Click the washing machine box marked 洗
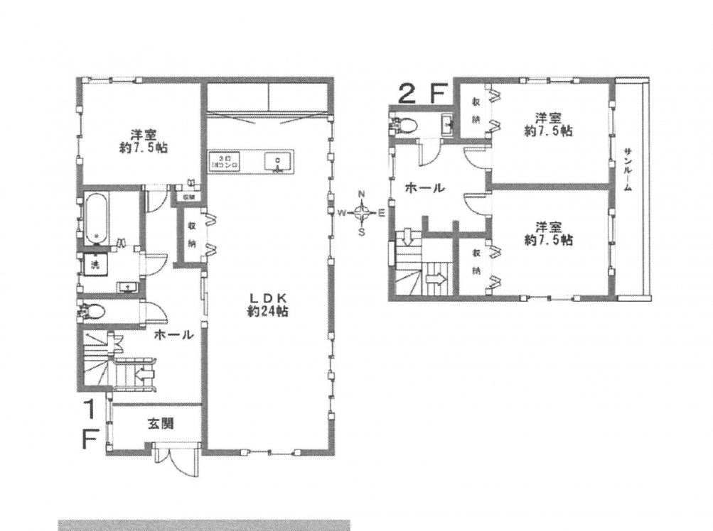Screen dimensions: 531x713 click(x=94, y=263)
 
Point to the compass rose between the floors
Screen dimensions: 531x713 click(x=362, y=212)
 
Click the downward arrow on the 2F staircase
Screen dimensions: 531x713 click(x=408, y=235)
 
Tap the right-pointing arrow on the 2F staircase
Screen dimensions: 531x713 click(x=436, y=280)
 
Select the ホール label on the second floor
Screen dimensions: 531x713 click(x=424, y=188)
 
